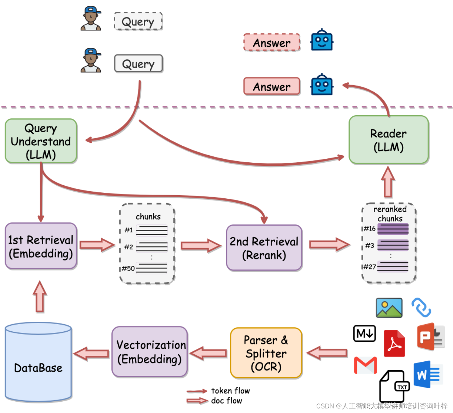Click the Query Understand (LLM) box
pos(41,141)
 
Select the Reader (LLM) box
pos(388,139)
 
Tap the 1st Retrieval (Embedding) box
pos(41,246)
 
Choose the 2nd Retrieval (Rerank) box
pos(264,248)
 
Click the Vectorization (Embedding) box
pos(150,352)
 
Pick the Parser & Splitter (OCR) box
pos(266,353)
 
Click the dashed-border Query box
pos(138,21)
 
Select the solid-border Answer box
pos(272,86)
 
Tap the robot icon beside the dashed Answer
pos(322,40)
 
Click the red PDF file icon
pos(394,343)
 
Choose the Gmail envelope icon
pos(365,365)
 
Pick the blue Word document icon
pos(428,374)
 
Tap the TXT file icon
pos(394,386)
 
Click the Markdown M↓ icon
pos(364,333)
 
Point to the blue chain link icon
pos(421,307)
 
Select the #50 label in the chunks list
pos(128,268)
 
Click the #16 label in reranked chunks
pos(370,228)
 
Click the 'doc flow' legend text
pos(226,401)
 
